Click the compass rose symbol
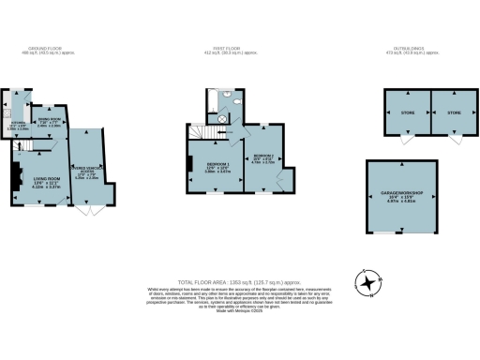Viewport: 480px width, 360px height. (x=370, y=281)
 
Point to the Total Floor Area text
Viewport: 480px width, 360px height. (x=240, y=282)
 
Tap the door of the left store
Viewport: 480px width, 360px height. (x=405, y=140)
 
